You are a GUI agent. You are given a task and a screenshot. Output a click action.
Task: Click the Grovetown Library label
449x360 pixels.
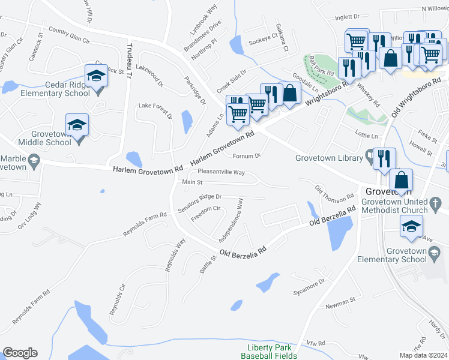pos(328,158)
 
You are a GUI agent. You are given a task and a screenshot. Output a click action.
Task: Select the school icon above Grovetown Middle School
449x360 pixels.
pos(77,125)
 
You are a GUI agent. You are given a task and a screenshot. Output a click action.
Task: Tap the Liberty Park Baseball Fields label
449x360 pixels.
pos(269,352)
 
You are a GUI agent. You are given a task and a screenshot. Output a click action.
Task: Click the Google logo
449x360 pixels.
pos(20,353)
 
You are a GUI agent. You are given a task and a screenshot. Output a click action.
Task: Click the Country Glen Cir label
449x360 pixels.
pos(69,35)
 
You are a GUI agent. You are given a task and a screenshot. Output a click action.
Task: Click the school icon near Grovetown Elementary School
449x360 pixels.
pos(412,226)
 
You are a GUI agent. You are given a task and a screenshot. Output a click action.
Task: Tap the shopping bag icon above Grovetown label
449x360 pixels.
pos(401,180)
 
